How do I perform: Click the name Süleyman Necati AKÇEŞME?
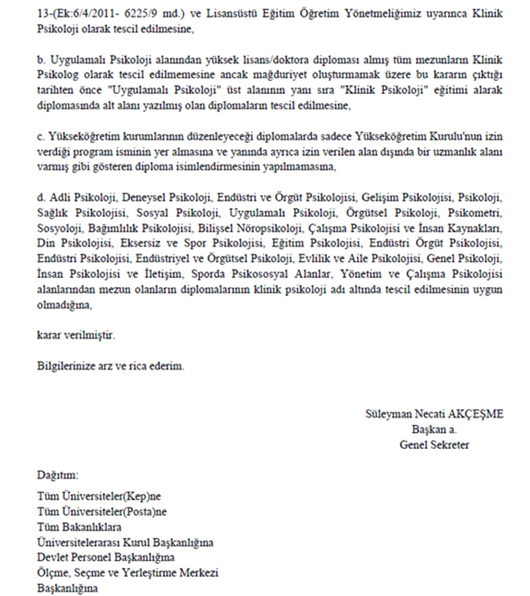tap(433, 414)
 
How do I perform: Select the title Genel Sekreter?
tap(434, 445)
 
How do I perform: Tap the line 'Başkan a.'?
tap(434, 430)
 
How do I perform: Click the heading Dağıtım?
tap(58, 476)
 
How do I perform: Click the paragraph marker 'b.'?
tap(43, 62)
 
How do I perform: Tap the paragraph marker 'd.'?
tap(43, 197)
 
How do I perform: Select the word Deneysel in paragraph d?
tap(143, 198)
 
